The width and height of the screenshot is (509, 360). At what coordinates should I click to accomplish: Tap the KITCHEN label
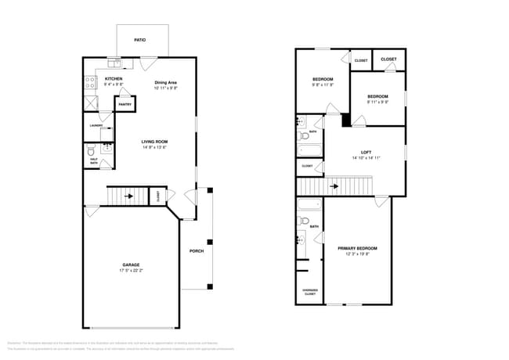114,78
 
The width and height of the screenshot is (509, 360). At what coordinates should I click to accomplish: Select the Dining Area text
165,82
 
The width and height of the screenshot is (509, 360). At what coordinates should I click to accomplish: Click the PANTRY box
125,103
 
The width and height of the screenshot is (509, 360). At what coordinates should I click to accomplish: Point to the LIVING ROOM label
155,142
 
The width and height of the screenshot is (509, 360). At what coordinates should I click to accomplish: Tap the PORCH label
197,251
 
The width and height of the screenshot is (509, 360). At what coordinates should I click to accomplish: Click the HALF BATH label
94,160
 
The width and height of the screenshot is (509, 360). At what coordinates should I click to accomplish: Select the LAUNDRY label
96,125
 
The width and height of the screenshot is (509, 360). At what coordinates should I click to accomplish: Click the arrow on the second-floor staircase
335,186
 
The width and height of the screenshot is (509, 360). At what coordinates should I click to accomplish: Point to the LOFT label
366,152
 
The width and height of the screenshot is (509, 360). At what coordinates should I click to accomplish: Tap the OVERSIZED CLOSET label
309,293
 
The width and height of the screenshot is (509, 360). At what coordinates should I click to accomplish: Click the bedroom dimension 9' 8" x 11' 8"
323,85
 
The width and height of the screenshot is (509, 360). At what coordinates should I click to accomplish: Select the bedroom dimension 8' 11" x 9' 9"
377,101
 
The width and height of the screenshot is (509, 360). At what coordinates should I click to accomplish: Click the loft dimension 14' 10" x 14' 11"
366,158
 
